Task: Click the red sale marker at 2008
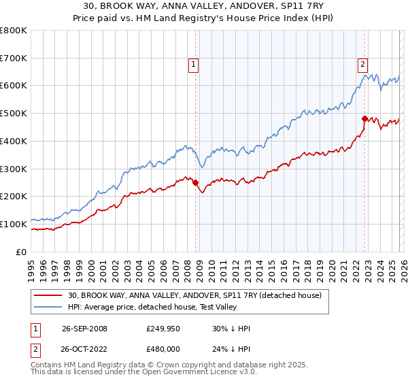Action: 196,182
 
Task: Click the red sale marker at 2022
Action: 365,118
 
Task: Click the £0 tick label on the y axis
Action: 20,252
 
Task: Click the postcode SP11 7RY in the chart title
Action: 302,5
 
